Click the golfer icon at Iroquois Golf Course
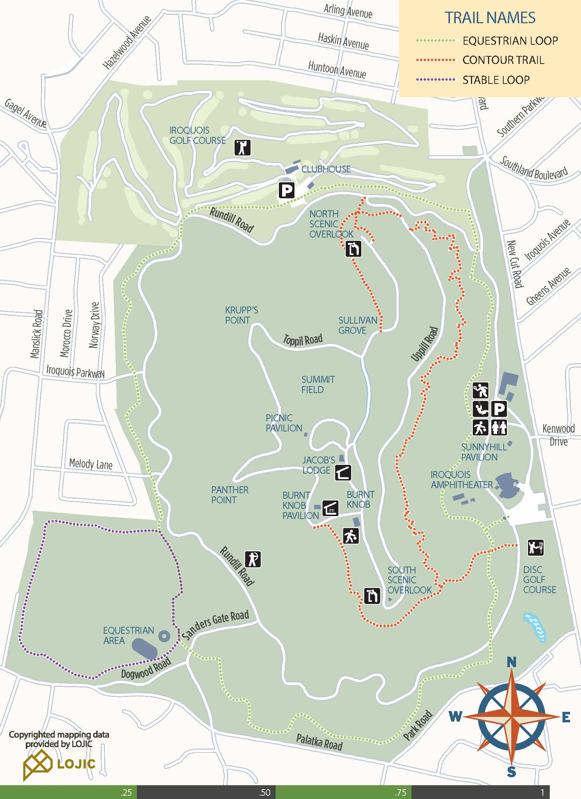pos(242,147)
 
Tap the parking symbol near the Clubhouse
pos(287,190)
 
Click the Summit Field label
pos(318,384)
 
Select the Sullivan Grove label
pos(358,325)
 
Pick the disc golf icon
pos(536,548)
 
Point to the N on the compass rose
pos(511,662)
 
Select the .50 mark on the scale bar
pos(265,792)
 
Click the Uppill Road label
pos(425,344)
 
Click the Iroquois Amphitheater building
pos(507,485)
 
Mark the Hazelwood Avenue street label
pos(127,43)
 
